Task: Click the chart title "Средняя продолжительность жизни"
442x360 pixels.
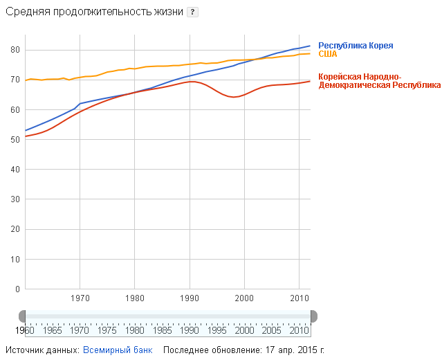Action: click(x=94, y=13)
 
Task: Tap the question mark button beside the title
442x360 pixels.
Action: click(x=193, y=13)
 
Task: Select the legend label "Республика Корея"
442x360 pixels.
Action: click(x=356, y=46)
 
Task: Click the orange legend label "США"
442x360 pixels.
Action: click(x=327, y=54)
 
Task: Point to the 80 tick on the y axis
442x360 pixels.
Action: click(x=15, y=50)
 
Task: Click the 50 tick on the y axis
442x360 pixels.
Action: click(x=15, y=140)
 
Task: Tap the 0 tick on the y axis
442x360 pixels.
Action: click(x=17, y=289)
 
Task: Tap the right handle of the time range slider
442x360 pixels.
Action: click(x=313, y=316)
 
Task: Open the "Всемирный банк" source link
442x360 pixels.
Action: click(x=118, y=350)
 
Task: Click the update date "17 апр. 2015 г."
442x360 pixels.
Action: click(x=295, y=350)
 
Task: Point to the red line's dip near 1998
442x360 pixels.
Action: click(x=234, y=97)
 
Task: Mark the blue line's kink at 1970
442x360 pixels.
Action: click(x=80, y=104)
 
